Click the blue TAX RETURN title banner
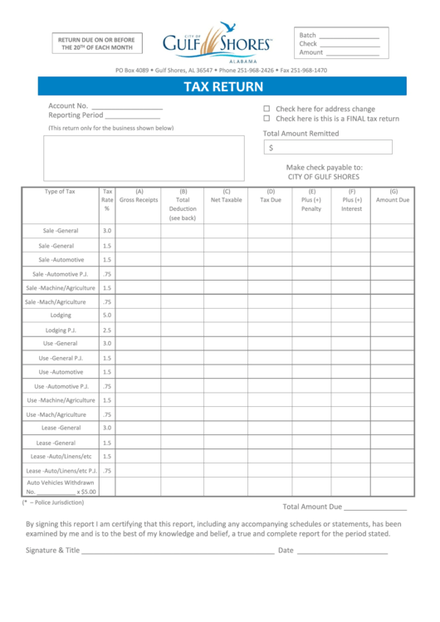point(222,86)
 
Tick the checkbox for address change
point(266,109)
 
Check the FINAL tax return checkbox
point(266,119)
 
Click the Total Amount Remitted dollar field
point(328,148)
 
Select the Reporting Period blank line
point(131,116)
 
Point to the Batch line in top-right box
point(349,36)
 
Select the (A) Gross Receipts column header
point(139,196)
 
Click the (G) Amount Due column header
point(393,196)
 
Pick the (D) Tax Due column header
point(271,196)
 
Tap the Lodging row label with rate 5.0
point(61,316)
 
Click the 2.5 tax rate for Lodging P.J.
point(107,331)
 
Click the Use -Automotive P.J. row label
point(61,386)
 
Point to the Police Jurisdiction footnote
point(54,502)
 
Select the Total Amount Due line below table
point(375,507)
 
